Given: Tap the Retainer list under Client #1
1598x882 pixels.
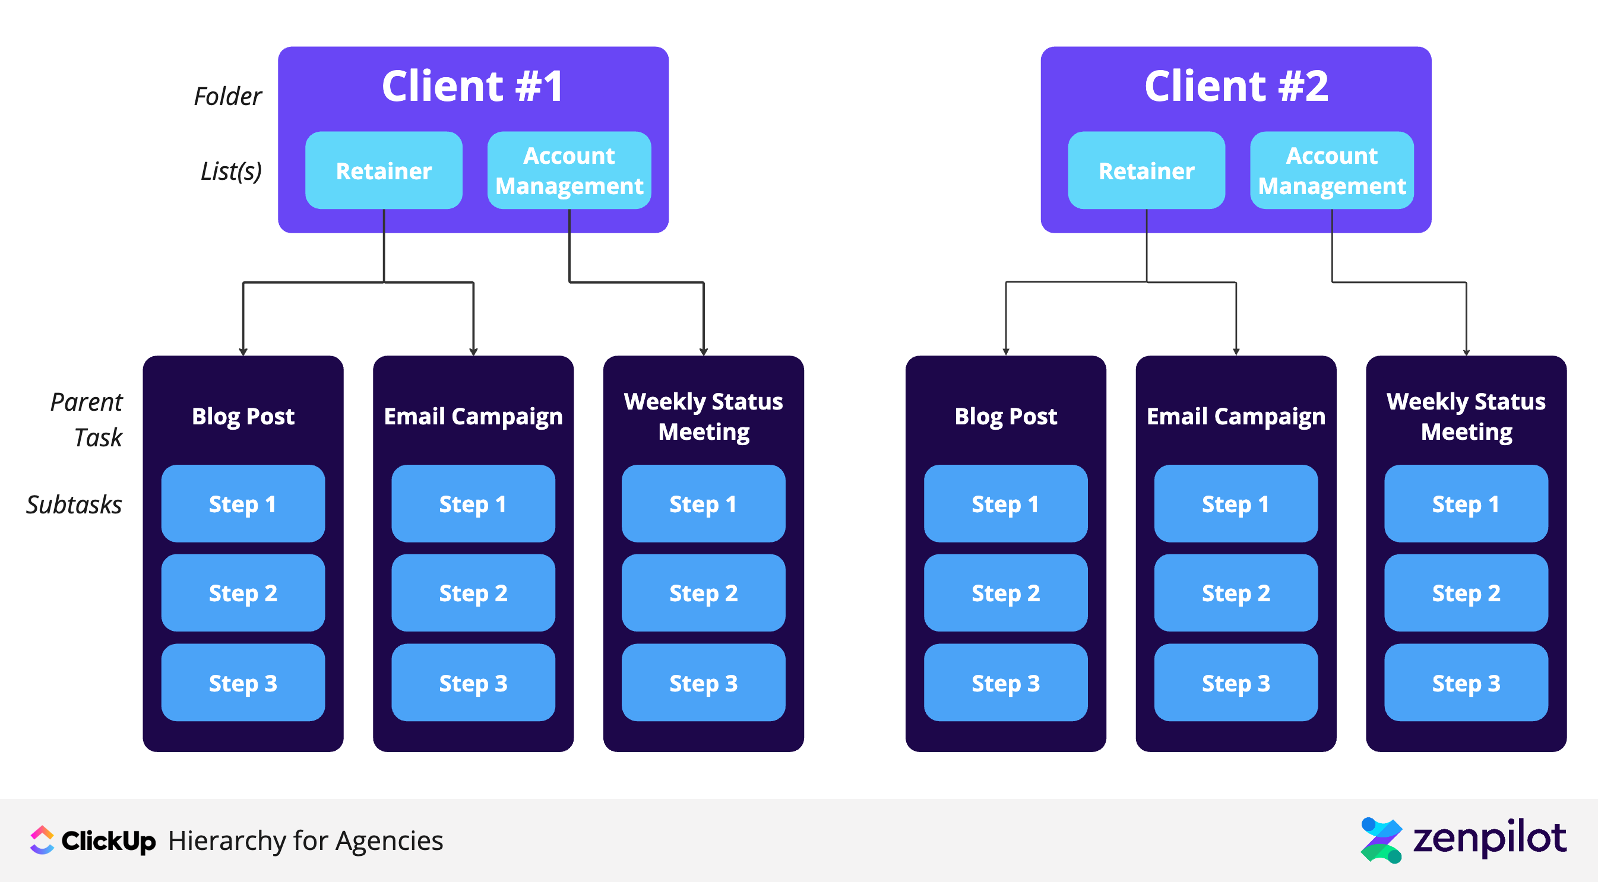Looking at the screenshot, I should tap(384, 170).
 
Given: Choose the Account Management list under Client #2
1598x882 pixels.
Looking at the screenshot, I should tap(1331, 170).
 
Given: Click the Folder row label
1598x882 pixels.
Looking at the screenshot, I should tap(227, 96).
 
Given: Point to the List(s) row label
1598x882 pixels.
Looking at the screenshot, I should tap(231, 170).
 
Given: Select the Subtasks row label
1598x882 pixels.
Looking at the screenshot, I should tap(74, 505).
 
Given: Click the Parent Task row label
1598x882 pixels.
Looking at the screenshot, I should tap(87, 419).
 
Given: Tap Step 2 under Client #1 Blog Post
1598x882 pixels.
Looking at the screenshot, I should tap(242, 593).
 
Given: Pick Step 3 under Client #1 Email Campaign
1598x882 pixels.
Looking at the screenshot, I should tap(473, 683).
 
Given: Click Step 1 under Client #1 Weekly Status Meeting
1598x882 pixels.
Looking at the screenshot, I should tap(703, 504).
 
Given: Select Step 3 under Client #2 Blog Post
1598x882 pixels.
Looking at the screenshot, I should tap(1005, 683).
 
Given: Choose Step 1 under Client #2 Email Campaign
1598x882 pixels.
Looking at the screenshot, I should tap(1235, 504).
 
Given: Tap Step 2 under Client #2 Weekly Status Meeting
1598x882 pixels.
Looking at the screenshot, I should tap(1465, 593).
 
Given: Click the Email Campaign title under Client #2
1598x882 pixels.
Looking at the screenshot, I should tap(1235, 416).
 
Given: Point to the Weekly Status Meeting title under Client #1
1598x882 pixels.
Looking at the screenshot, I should tap(703, 416).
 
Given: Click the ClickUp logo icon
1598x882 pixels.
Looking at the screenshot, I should tap(42, 840).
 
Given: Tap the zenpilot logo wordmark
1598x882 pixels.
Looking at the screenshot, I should tap(1489, 839).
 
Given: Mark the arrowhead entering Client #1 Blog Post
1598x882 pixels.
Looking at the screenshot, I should tap(243, 352).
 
